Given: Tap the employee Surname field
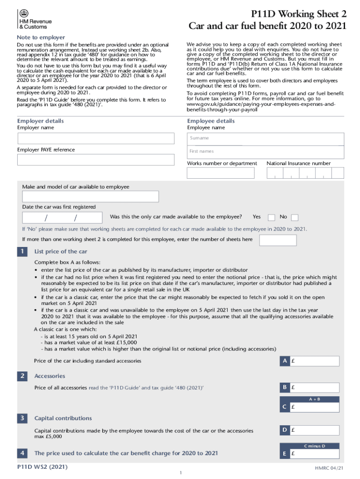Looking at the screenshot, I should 266,138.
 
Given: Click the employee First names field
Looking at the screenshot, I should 266,152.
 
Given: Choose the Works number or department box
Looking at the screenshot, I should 221,173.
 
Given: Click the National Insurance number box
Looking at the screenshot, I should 305,173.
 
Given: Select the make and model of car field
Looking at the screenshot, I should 90,196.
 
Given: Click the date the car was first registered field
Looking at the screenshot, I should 62,218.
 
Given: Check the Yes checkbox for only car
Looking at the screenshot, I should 271,218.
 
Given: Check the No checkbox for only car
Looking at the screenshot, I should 295,218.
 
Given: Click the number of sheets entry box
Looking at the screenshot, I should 278,240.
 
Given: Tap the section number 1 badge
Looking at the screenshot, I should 22,252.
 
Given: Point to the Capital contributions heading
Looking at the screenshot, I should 63,418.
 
